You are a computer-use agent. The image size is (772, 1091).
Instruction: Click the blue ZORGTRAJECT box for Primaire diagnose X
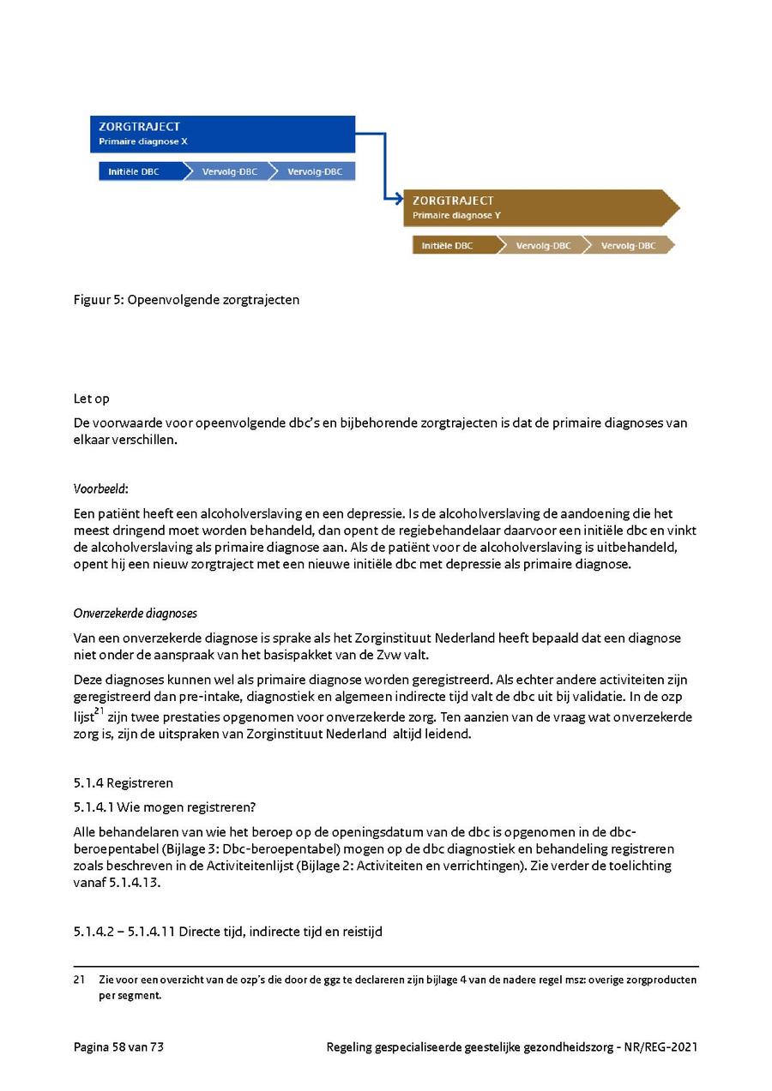click(x=222, y=134)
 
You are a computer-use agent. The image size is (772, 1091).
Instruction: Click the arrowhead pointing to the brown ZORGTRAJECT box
click(x=397, y=200)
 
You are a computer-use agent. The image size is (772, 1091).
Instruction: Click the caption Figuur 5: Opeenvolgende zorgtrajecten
click(x=186, y=300)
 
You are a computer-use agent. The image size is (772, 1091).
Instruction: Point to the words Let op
click(x=91, y=399)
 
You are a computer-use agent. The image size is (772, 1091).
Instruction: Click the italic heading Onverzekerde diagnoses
click(x=136, y=613)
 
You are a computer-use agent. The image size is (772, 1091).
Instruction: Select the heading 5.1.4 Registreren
click(x=123, y=782)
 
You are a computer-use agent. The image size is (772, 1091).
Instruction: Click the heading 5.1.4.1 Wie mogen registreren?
click(x=165, y=806)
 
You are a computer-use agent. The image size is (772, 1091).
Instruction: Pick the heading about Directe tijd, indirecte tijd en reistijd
click(x=227, y=931)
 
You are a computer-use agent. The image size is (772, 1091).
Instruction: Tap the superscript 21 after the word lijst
click(x=100, y=710)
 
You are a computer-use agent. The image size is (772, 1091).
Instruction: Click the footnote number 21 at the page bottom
click(x=79, y=980)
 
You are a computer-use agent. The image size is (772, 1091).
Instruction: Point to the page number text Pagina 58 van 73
click(x=118, y=1046)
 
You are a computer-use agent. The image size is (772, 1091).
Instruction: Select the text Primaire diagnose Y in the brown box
click(x=456, y=215)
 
